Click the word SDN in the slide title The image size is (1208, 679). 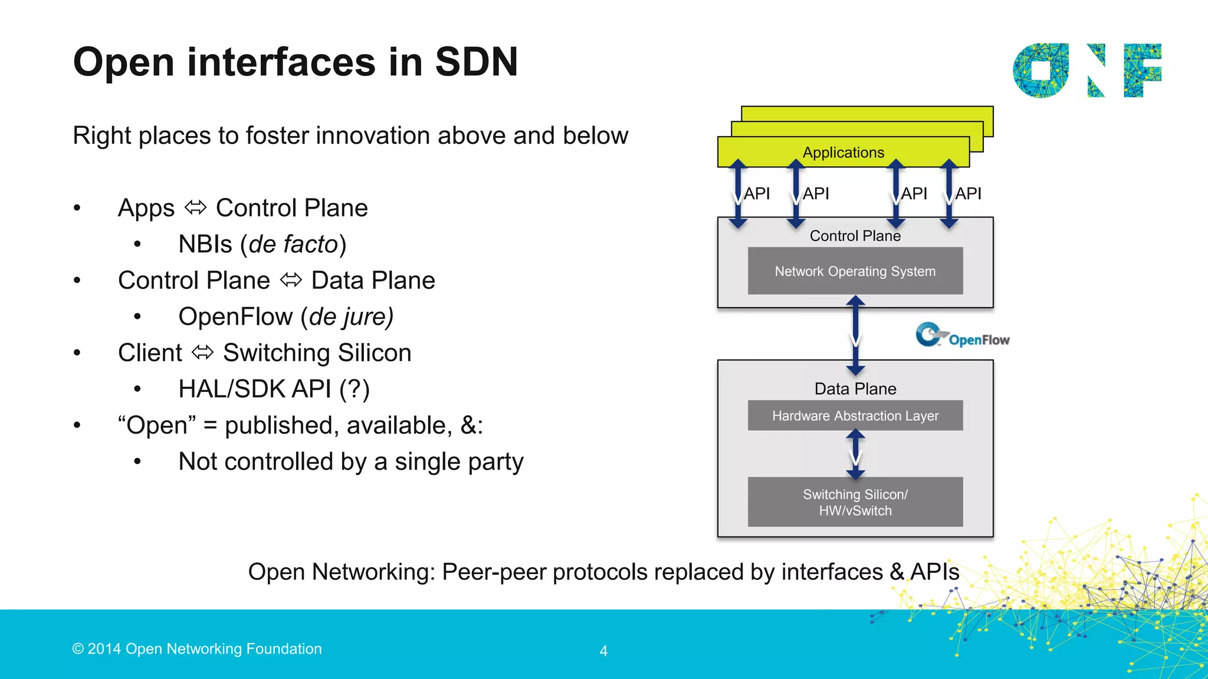click(x=476, y=62)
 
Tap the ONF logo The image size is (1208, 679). click(x=1086, y=70)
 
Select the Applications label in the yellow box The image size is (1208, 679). click(x=843, y=153)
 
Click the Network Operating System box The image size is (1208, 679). click(x=855, y=271)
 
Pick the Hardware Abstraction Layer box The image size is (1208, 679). click(x=855, y=416)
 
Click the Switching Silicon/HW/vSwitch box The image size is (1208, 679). click(x=855, y=502)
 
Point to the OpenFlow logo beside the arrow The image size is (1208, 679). click(x=962, y=336)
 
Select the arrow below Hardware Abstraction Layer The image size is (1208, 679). click(x=855, y=454)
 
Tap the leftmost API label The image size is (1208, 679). click(x=757, y=193)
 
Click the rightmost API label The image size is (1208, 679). click(x=968, y=193)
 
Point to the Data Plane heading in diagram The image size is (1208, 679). click(x=855, y=389)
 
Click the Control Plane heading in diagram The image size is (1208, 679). click(x=855, y=236)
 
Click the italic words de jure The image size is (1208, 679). click(x=346, y=317)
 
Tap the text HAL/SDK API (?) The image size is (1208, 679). click(x=274, y=389)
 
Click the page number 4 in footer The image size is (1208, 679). click(x=603, y=651)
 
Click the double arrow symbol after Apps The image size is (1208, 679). click(x=195, y=207)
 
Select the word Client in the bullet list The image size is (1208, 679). click(x=150, y=353)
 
